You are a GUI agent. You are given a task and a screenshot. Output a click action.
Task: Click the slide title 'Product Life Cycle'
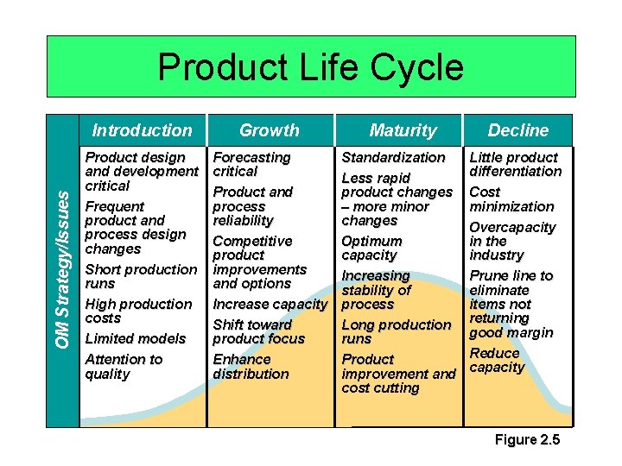point(310,67)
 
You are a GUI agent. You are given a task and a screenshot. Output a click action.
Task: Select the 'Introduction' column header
point(143,130)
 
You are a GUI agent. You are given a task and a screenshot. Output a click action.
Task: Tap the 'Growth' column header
point(269,130)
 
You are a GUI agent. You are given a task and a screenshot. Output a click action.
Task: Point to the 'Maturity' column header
point(403,130)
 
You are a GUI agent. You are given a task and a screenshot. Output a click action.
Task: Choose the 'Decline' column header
point(517,130)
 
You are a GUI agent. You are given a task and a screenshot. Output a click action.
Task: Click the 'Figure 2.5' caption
point(527,440)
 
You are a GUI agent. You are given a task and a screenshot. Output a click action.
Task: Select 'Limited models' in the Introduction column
point(135,338)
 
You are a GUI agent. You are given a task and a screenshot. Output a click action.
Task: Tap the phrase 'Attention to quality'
point(124,366)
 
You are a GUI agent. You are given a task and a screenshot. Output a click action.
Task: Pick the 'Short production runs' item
point(140,276)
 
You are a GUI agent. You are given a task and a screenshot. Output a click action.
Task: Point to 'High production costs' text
point(137,311)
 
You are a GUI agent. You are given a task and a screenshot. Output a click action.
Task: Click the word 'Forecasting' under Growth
point(251,157)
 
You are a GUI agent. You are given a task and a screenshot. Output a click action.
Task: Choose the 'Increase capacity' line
point(270,304)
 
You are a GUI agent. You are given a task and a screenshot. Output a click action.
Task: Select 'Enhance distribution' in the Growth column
point(251,366)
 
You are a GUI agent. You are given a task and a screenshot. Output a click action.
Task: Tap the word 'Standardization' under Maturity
point(393,157)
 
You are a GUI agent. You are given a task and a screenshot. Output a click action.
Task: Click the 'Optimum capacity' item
point(371,248)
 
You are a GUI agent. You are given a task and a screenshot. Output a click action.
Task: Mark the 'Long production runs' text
point(396,331)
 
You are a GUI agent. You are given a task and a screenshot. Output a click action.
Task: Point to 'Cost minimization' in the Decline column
point(511,199)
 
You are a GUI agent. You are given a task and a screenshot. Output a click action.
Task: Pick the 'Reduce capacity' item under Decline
point(497,360)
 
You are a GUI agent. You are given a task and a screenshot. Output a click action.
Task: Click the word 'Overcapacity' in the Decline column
point(511,227)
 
